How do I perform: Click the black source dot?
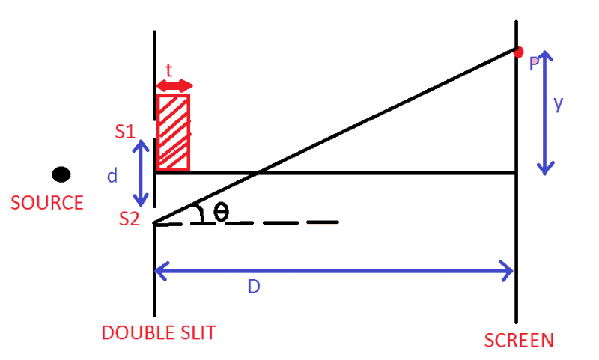tap(61, 174)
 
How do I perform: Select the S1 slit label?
tap(125, 132)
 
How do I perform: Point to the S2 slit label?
tap(130, 219)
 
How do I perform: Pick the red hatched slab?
tap(173, 132)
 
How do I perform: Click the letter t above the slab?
tap(169, 71)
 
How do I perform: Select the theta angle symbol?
tap(221, 212)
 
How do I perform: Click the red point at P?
tap(518, 51)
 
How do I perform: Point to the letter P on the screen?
tap(534, 65)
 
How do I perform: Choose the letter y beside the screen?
tap(559, 105)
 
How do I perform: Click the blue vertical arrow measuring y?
tap(547, 112)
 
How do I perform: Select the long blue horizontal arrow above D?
tap(334, 270)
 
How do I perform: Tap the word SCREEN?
tap(519, 341)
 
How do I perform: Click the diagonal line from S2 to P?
tap(337, 137)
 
